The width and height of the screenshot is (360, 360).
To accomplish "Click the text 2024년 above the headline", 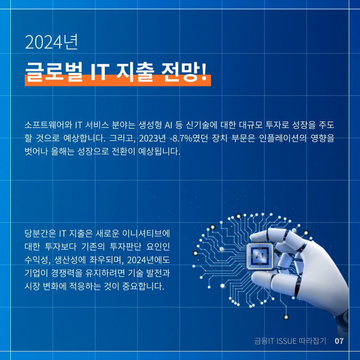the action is click(x=51, y=42).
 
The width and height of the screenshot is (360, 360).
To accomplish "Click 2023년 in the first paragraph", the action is click(x=152, y=138).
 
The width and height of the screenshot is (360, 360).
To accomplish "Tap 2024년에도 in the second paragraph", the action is click(x=148, y=260).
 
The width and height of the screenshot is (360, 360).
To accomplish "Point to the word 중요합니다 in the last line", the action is click(x=143, y=286).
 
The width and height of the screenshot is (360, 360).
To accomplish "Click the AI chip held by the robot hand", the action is click(x=260, y=256).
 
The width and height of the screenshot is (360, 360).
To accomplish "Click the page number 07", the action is click(x=339, y=341).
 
